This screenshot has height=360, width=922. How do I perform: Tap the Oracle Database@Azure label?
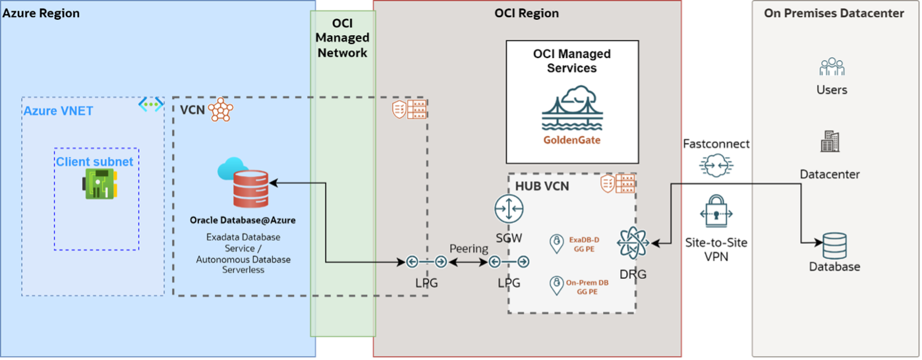click(243, 220)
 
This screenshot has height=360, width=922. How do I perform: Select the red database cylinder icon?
click(250, 189)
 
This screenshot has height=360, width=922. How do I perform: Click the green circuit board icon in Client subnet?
click(100, 183)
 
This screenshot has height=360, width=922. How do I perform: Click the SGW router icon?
click(508, 209)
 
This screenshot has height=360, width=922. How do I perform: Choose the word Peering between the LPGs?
click(469, 249)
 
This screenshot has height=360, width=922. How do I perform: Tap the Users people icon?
click(832, 67)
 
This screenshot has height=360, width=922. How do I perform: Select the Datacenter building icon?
click(830, 142)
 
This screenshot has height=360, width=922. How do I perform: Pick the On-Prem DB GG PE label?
click(587, 286)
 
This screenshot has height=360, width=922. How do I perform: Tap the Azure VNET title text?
click(58, 111)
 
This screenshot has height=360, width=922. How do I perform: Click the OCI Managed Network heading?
click(342, 38)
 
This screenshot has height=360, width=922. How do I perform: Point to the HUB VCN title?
click(542, 187)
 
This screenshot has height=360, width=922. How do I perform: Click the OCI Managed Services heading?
click(571, 61)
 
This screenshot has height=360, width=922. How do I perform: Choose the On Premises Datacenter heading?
click(834, 13)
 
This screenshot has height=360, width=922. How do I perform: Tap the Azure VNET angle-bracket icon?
click(151, 104)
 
